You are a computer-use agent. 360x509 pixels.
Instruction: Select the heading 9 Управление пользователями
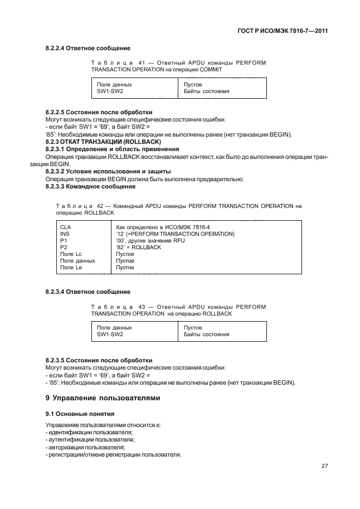[x=103, y=397]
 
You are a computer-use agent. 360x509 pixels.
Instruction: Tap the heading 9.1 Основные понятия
[x=80, y=414]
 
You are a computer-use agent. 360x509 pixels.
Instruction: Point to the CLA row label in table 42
[x=65, y=227]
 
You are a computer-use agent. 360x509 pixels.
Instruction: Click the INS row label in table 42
[x=64, y=234]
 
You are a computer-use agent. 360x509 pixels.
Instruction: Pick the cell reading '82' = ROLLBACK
[x=138, y=247]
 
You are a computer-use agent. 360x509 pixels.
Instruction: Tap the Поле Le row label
[x=71, y=268]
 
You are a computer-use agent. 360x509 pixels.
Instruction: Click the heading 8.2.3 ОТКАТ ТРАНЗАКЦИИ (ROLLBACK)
[x=102, y=142]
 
